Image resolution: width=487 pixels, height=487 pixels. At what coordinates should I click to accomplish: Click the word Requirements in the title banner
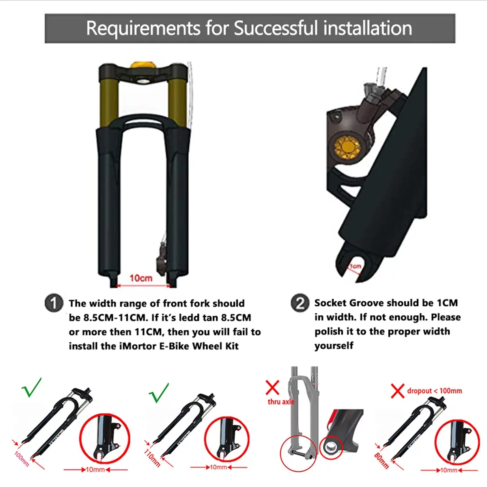click(143, 28)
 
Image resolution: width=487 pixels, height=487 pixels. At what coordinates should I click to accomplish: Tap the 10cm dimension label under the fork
click(141, 278)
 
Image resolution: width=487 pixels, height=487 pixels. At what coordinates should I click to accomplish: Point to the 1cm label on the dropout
click(355, 266)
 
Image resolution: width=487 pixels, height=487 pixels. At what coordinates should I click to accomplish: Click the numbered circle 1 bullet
click(54, 303)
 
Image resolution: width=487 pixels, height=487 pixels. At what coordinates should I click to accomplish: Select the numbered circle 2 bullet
click(300, 302)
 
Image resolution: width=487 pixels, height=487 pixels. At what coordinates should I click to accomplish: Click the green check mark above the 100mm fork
click(32, 388)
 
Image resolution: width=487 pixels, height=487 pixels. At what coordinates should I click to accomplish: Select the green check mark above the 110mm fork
click(159, 393)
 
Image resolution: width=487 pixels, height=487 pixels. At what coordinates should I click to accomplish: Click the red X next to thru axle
click(272, 388)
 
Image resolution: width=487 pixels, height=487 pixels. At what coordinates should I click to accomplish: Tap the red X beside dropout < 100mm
click(398, 391)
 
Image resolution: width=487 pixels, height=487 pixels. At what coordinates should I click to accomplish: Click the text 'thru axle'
click(281, 402)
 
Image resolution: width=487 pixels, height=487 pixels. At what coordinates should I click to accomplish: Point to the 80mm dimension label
click(381, 460)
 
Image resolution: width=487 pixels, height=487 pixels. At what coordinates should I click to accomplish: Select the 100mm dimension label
click(22, 459)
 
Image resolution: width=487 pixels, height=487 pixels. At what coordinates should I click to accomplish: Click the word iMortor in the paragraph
click(137, 346)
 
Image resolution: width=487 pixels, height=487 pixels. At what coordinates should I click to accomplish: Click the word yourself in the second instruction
click(334, 345)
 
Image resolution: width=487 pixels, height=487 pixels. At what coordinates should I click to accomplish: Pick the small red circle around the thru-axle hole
click(331, 447)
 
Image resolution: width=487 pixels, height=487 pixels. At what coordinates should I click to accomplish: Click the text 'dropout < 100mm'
click(434, 391)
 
